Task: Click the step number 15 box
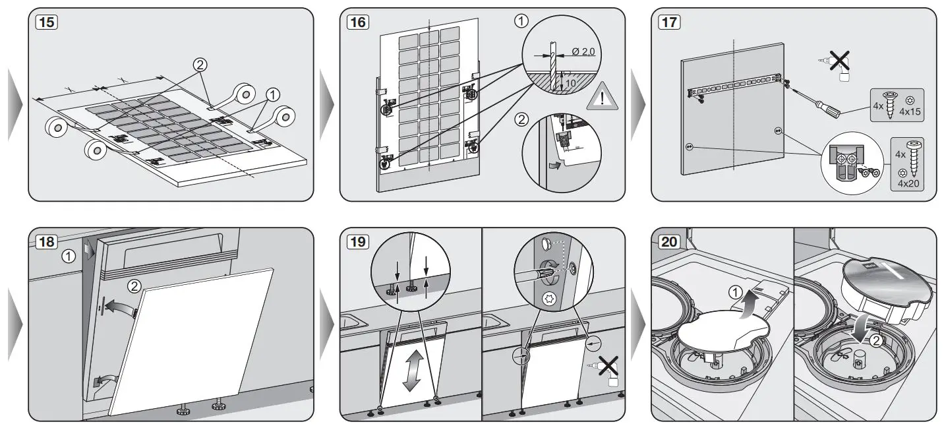(47, 22)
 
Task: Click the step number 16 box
(359, 22)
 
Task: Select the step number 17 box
(669, 22)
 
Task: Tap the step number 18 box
(47, 242)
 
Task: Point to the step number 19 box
(359, 242)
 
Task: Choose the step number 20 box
(669, 242)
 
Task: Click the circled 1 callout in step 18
(68, 255)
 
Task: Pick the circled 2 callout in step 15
(199, 65)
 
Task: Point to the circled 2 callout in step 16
(521, 121)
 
